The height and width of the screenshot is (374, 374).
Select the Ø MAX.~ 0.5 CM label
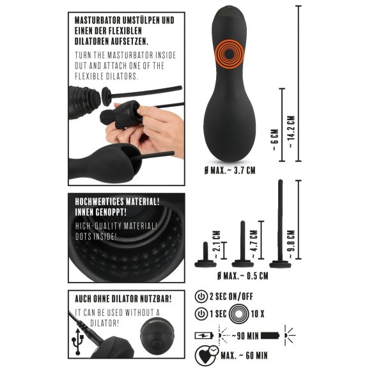coord(243,277)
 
